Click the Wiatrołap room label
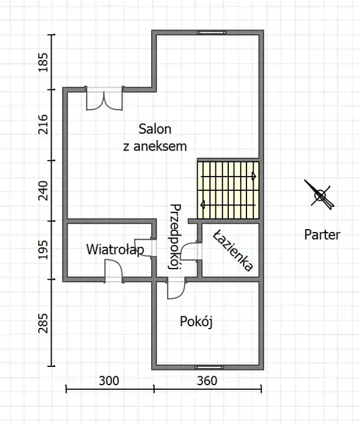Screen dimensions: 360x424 click(x=115, y=250)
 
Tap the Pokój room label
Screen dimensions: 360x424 click(x=196, y=322)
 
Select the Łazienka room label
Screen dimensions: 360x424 click(x=232, y=250)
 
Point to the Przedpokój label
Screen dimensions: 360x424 click(x=175, y=237)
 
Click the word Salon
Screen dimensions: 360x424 click(x=155, y=129)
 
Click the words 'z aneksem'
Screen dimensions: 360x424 click(x=155, y=146)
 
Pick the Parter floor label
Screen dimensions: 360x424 click(x=322, y=234)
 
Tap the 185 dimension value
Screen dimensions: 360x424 click(x=43, y=62)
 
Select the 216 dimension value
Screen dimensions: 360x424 click(x=43, y=125)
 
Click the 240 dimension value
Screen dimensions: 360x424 click(x=43, y=191)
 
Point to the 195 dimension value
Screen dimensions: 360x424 click(x=43, y=250)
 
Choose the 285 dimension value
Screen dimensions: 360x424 click(x=43, y=323)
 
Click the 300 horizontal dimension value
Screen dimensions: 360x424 click(x=109, y=381)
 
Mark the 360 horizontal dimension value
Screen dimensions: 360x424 click(x=207, y=381)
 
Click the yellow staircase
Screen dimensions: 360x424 click(x=228, y=190)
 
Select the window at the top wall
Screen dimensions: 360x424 click(x=211, y=32)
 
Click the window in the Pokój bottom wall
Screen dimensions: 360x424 click(x=209, y=367)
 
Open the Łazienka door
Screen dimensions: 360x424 click(x=191, y=251)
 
